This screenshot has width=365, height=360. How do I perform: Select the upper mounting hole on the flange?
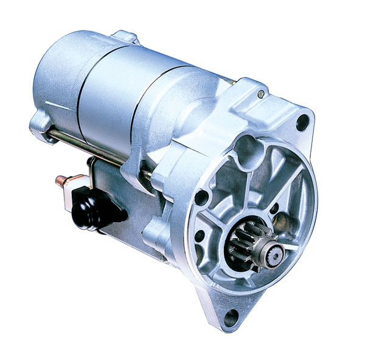[x=300, y=125]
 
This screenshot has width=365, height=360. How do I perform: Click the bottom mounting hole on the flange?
[x=229, y=316]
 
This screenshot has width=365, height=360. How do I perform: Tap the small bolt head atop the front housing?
[x=260, y=93]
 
